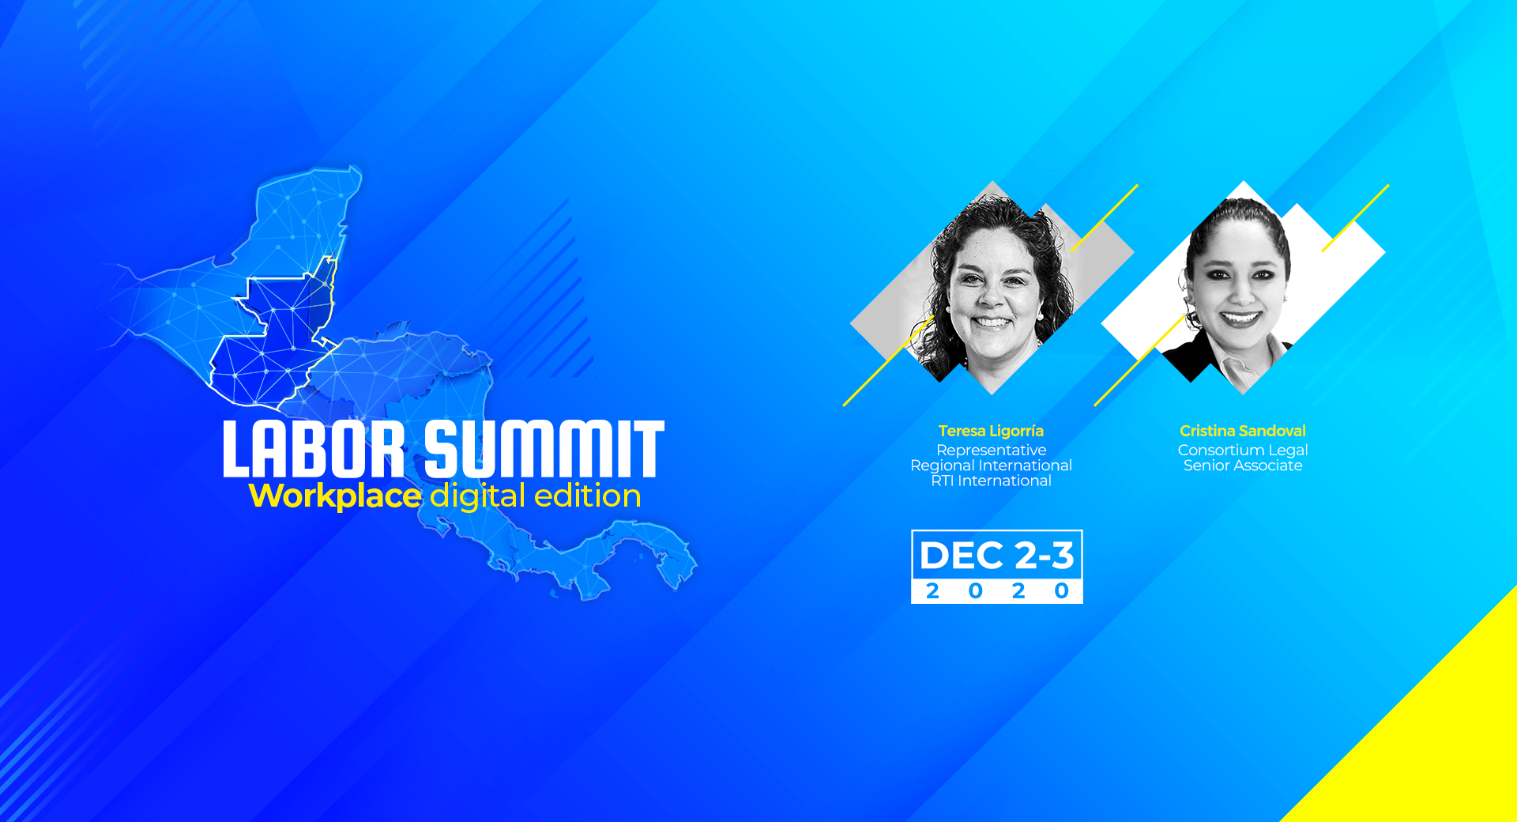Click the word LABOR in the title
pyautogui.click(x=314, y=449)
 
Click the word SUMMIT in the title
pyautogui.click(x=544, y=449)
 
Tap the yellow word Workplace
pyautogui.click(x=335, y=496)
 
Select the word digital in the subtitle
pyautogui.click(x=478, y=496)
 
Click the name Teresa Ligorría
pyautogui.click(x=991, y=431)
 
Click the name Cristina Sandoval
pyautogui.click(x=1243, y=431)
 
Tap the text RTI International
pyautogui.click(x=991, y=481)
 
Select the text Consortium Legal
pyautogui.click(x=1243, y=450)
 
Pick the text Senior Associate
pyautogui.click(x=1243, y=466)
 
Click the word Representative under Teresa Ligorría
pyautogui.click(x=991, y=451)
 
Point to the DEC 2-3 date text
pyautogui.click(x=997, y=556)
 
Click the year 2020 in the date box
pyautogui.click(x=997, y=591)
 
